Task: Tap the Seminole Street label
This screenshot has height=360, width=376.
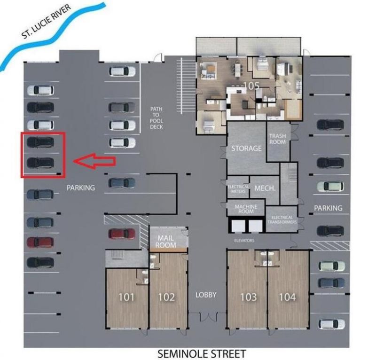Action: [201, 352]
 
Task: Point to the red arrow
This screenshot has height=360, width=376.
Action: [94, 161]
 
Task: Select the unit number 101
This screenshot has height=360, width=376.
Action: [126, 297]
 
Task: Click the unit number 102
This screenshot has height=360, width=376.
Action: [166, 297]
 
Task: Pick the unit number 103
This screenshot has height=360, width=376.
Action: [248, 297]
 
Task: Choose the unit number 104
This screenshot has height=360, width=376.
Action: [287, 297]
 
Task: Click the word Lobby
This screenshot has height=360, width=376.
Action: [206, 295]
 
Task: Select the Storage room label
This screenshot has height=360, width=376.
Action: [246, 148]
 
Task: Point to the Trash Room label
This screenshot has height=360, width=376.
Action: [277, 139]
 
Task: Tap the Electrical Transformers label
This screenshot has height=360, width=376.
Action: [282, 220]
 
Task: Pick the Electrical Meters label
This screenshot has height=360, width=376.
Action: [238, 189]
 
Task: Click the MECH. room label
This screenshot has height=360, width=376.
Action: [265, 188]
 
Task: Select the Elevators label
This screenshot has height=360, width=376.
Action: [244, 240]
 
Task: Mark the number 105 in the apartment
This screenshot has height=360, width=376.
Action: [252, 86]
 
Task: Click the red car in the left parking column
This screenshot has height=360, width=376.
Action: [40, 243]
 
